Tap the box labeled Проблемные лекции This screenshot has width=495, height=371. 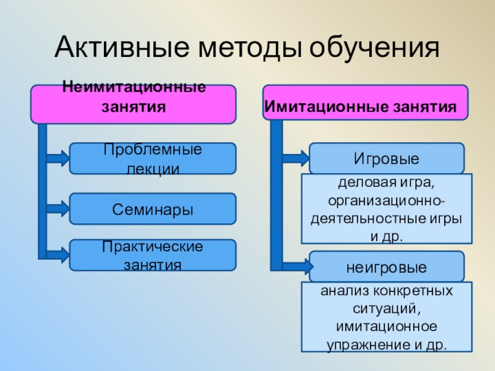click(x=152, y=158)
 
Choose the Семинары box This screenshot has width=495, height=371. click(x=152, y=209)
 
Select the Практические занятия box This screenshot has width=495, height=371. click(x=152, y=255)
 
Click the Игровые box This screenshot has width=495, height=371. click(x=386, y=158)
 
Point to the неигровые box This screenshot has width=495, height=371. click(x=386, y=267)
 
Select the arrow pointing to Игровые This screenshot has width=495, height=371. click(x=296, y=158)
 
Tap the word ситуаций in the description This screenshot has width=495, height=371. click(x=386, y=308)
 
